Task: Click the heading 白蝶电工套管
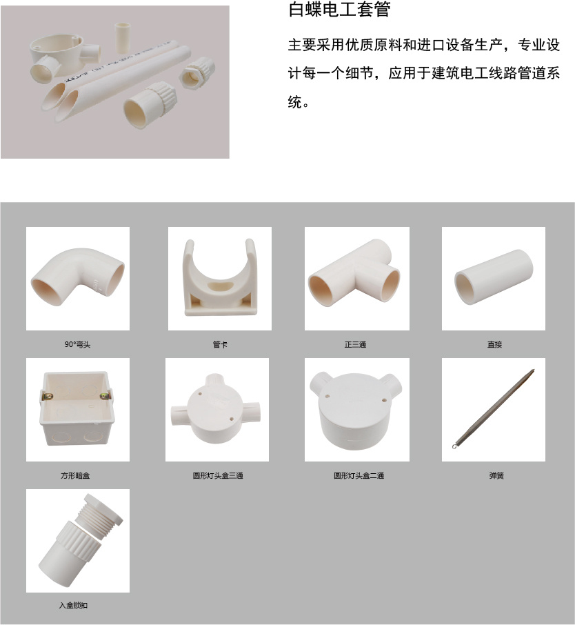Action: pos(339,10)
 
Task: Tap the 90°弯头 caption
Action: pos(78,344)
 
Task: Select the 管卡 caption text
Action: pos(220,344)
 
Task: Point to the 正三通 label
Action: pos(356,344)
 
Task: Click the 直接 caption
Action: pos(494,344)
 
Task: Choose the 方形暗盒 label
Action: pos(75,475)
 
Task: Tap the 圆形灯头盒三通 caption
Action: pos(218,475)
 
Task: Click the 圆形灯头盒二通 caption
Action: pos(359,475)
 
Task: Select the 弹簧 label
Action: pos(496,475)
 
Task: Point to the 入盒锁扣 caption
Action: pos(73,606)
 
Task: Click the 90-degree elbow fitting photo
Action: pos(78,275)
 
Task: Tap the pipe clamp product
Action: pos(219,277)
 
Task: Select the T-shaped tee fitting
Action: pos(354,273)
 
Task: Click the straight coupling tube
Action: pos(494,277)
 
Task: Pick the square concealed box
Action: pos(78,408)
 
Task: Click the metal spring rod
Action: pos(494,409)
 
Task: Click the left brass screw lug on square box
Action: pos(47,396)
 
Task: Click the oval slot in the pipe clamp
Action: pos(219,286)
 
